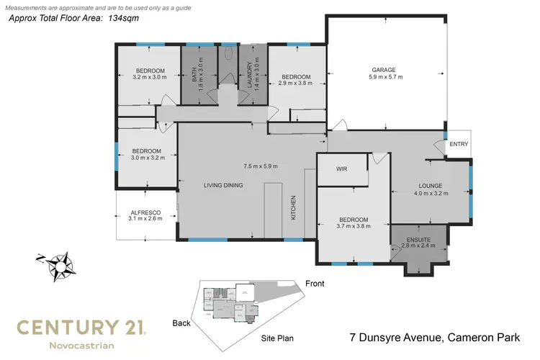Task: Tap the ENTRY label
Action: point(458,144)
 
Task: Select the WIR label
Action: point(341,170)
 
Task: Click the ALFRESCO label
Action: point(145,212)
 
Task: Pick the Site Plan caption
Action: point(275,337)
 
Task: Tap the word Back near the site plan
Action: point(181,323)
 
